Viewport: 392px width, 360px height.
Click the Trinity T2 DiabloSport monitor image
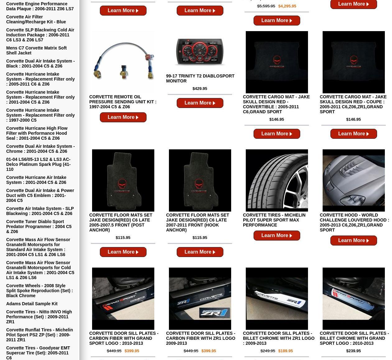click(200, 52)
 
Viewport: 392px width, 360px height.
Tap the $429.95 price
click(200, 89)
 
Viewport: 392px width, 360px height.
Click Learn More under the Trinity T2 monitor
click(200, 103)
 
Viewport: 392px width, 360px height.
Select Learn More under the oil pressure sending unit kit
click(123, 117)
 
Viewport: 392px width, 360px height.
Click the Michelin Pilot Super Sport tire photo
click(277, 180)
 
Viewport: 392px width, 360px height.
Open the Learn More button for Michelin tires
click(277, 236)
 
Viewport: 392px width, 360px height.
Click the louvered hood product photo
click(353, 180)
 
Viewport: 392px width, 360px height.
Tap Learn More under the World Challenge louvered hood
click(353, 241)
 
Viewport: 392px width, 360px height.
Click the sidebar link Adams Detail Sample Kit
click(32, 304)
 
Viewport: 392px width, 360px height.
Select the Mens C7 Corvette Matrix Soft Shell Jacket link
click(36, 50)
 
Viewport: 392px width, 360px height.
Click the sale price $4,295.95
click(287, 6)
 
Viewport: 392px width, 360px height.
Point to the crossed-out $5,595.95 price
click(266, 6)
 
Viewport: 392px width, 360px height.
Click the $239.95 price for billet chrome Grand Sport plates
click(353, 351)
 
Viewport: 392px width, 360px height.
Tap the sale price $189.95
click(286, 351)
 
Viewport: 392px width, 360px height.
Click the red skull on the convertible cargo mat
click(277, 60)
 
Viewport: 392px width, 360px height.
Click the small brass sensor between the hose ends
click(124, 72)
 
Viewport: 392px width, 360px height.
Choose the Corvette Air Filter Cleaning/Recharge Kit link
click(36, 19)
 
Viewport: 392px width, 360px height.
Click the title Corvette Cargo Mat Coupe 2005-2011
click(353, 104)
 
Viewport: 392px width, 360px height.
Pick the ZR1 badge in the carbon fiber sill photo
click(215, 313)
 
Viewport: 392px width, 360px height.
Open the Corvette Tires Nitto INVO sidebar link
click(39, 317)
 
